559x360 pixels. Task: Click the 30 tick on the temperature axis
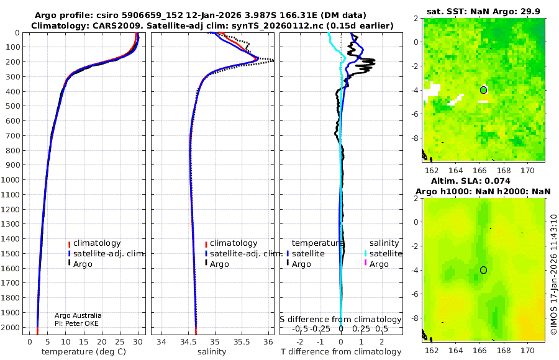[138, 341]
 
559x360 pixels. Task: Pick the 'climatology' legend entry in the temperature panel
[97, 243]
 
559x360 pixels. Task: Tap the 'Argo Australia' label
[78, 315]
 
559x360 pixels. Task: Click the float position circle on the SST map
[483, 90]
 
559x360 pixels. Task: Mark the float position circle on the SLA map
[483, 270]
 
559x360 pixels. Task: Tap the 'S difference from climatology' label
[340, 319]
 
